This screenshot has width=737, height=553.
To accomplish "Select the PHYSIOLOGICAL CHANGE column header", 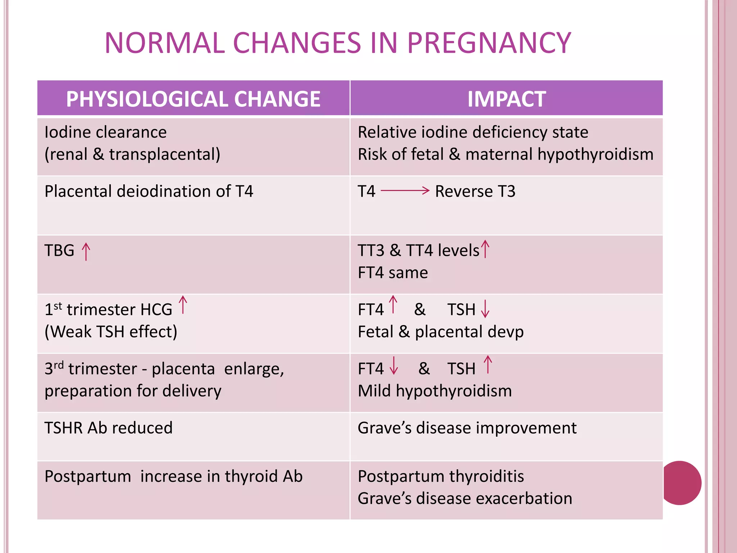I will click(x=193, y=99).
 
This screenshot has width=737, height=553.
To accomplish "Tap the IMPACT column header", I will click(x=506, y=99).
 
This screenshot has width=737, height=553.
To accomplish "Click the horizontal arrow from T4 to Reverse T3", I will click(x=405, y=190).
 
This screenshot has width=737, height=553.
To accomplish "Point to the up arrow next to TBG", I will click(x=86, y=251).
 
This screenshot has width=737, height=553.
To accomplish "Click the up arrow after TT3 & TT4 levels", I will click(x=485, y=249).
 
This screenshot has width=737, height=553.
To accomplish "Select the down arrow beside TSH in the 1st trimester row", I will click(x=485, y=309).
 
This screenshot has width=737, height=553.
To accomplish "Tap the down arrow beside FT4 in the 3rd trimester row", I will click(x=394, y=366).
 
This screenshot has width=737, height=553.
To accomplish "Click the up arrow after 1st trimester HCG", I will click(x=183, y=305).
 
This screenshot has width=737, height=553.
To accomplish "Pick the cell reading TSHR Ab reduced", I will click(x=108, y=428).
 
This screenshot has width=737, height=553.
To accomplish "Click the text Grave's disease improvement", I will click(x=467, y=428).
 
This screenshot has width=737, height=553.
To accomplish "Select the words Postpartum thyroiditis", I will click(x=440, y=476).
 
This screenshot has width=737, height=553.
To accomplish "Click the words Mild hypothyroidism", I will click(x=434, y=391).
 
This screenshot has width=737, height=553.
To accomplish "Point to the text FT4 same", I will click(x=393, y=273).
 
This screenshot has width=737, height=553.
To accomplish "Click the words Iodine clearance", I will click(x=105, y=132).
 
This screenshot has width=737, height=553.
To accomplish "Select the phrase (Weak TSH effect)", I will click(x=111, y=332).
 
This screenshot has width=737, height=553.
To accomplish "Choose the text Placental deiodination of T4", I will click(x=149, y=191).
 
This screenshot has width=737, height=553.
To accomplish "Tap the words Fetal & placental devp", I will click(x=440, y=332).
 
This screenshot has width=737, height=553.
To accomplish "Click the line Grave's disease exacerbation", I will click(x=465, y=499).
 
